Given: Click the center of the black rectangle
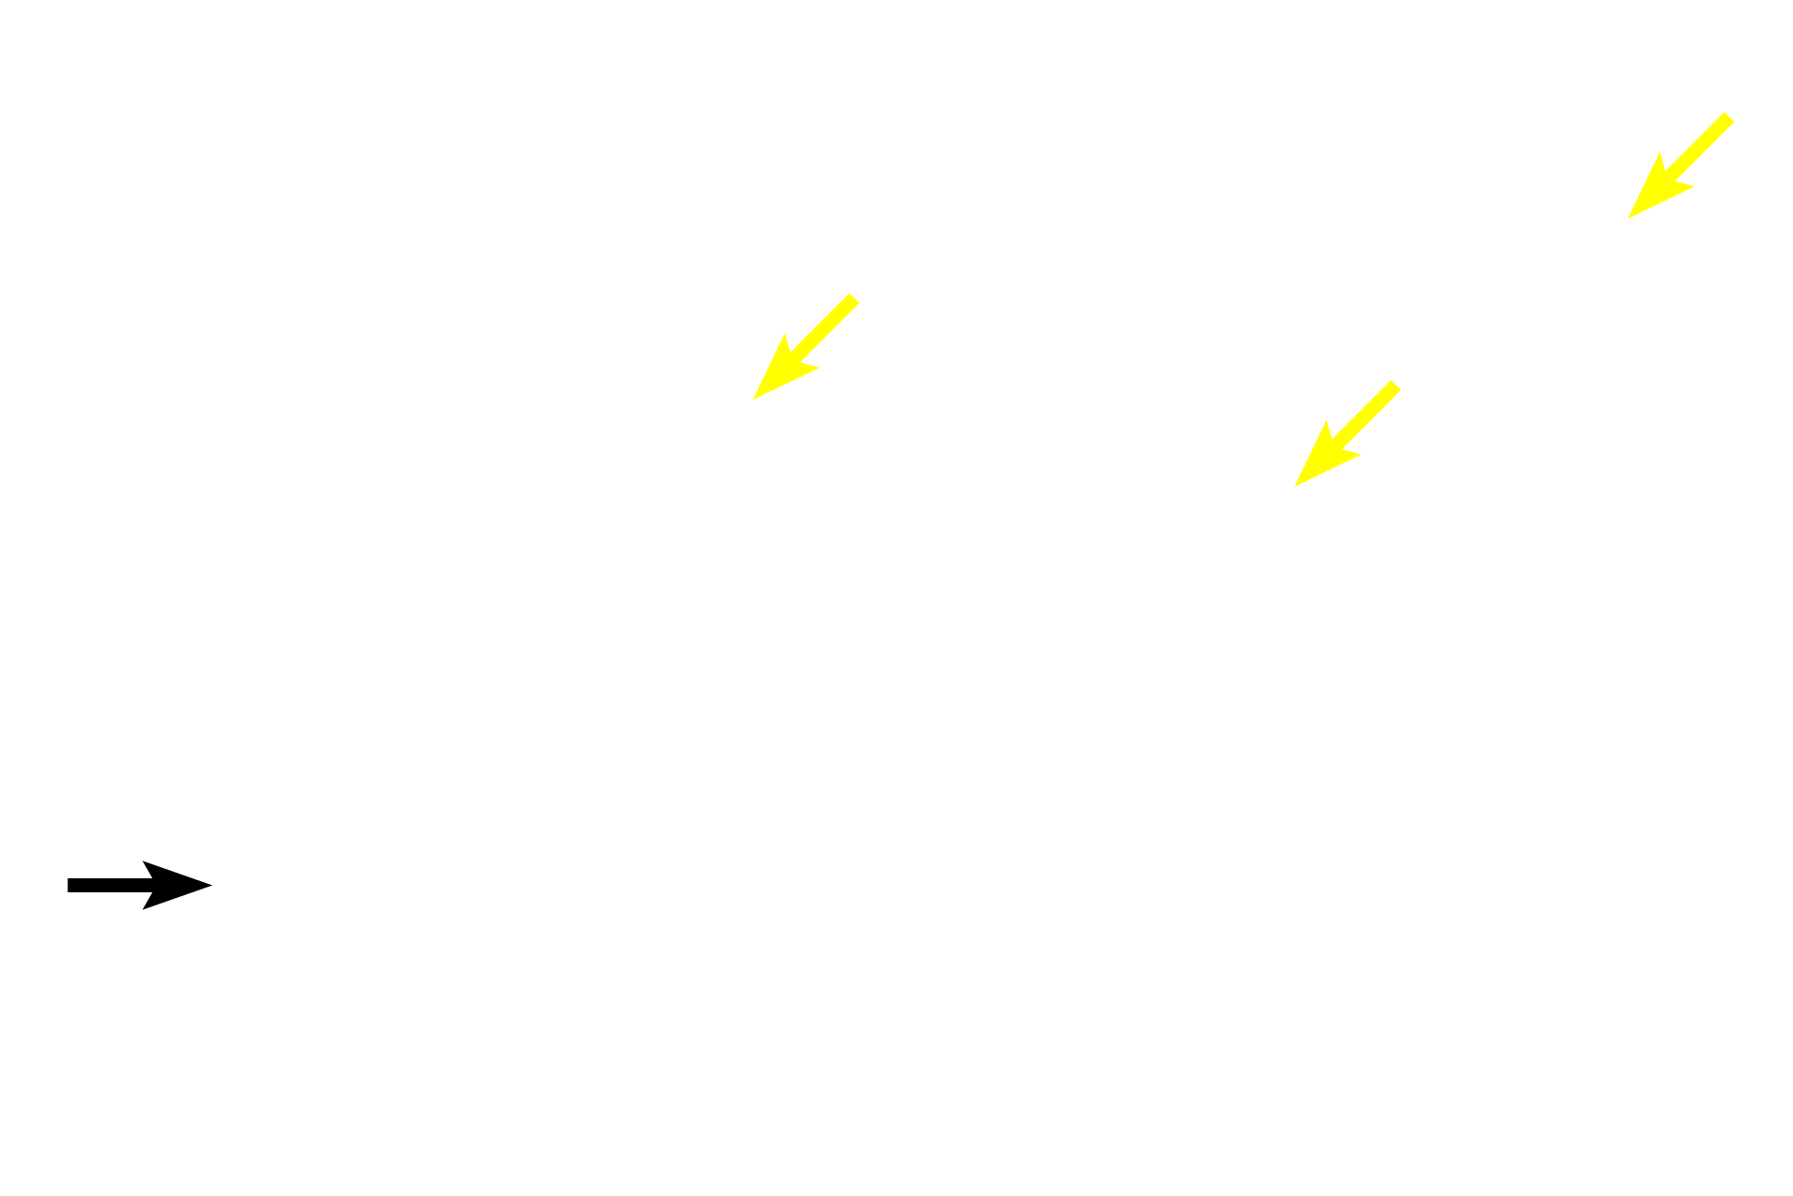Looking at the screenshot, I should click(x=140, y=885).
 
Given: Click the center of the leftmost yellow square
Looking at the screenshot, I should click(x=807, y=346).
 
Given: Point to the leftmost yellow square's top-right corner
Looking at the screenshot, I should click(x=861, y=292).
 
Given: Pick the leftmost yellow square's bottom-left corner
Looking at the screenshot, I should click(x=753, y=401).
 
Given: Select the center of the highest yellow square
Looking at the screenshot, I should click(x=1681, y=165).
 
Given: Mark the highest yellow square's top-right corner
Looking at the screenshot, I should click(x=1735, y=111).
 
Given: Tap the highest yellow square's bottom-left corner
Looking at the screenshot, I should click(x=1627, y=220).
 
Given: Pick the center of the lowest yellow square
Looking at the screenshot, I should click(x=1348, y=433).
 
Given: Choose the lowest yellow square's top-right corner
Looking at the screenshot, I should click(x=1403, y=378).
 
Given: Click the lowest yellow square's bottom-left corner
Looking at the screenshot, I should click(x=1293, y=487).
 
